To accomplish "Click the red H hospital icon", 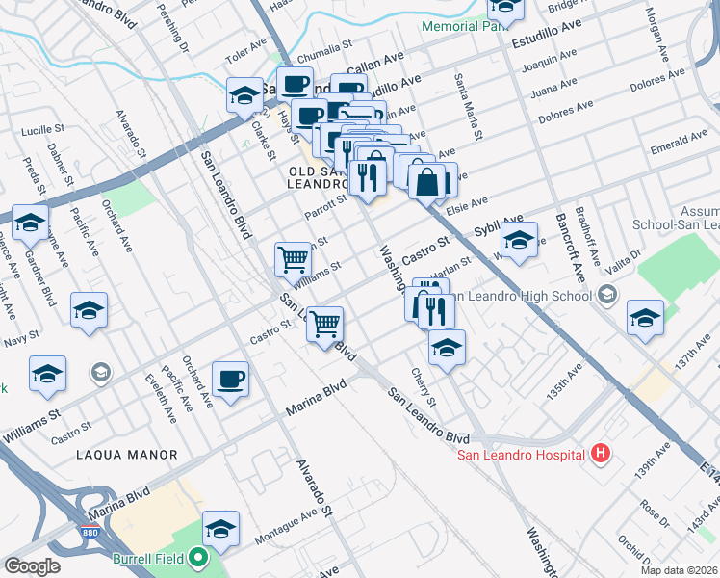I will tap(601, 452).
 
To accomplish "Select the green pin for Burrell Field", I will tap(198, 557).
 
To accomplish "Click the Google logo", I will tap(32, 566).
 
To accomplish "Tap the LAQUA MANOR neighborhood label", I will tap(127, 454).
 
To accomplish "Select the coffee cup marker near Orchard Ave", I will tap(231, 379).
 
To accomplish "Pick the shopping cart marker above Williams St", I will tap(294, 257).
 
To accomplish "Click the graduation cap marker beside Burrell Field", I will tap(221, 528).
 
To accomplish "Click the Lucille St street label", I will tap(41, 128).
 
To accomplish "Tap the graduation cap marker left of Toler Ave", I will tap(244, 95).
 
